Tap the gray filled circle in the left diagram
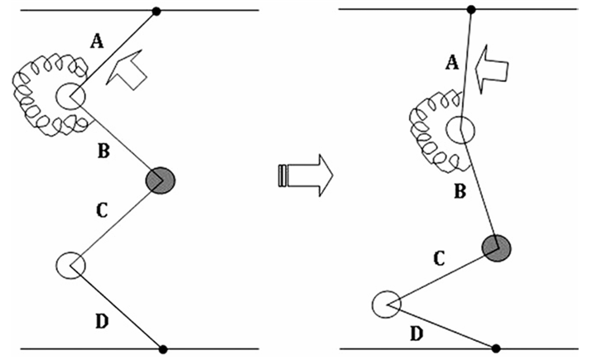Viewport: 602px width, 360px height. [161, 179]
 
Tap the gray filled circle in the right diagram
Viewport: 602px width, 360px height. [497, 247]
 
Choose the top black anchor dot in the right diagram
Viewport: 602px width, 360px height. [471, 10]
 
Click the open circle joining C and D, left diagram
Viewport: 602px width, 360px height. [70, 265]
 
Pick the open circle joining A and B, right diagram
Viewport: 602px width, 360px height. [460, 130]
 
